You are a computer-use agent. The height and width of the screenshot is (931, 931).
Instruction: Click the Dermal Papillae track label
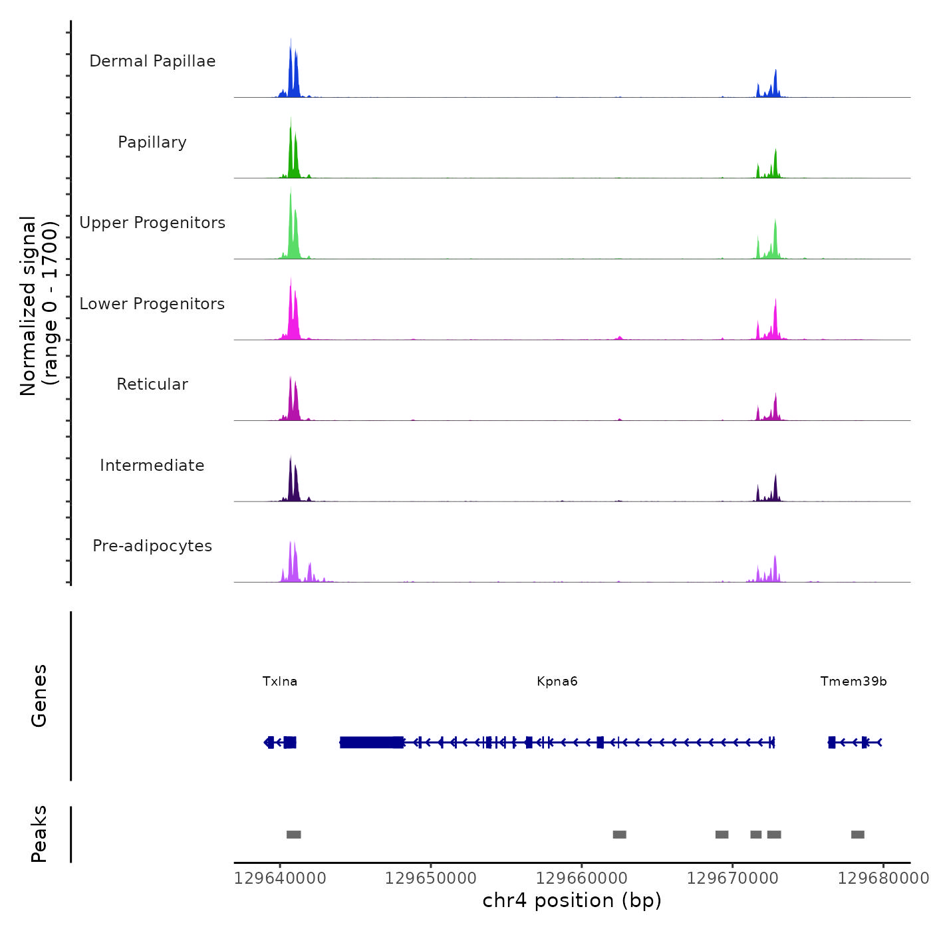[152, 61]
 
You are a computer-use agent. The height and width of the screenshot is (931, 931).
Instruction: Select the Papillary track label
[152, 142]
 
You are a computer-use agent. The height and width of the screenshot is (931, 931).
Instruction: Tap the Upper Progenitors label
[152, 223]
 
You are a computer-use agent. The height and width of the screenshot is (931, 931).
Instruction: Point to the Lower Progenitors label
[152, 304]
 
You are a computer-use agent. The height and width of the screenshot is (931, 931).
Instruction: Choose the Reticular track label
[152, 384]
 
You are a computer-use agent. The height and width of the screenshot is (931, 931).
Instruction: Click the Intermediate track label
[152, 465]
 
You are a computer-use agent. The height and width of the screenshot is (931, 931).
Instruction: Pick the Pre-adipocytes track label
[152, 546]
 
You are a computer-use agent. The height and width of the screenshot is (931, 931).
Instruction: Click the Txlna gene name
[280, 682]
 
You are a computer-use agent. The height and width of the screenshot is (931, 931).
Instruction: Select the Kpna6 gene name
[557, 682]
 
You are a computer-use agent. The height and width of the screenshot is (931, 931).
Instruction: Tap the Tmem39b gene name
[853, 682]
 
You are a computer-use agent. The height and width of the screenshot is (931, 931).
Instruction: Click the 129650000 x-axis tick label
[431, 878]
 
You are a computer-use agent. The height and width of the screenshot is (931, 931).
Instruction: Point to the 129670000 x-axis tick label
[733, 878]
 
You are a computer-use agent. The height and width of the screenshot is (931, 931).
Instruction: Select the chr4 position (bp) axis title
[572, 900]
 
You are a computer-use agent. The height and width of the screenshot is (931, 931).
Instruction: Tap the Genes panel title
[39, 696]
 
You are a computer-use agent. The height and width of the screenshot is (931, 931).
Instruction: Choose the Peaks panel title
[39, 834]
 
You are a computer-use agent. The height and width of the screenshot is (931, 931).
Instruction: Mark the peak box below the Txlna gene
[294, 835]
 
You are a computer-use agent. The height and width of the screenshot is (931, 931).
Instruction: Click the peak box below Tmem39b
[858, 835]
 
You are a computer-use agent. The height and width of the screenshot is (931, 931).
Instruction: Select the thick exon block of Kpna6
[371, 742]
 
